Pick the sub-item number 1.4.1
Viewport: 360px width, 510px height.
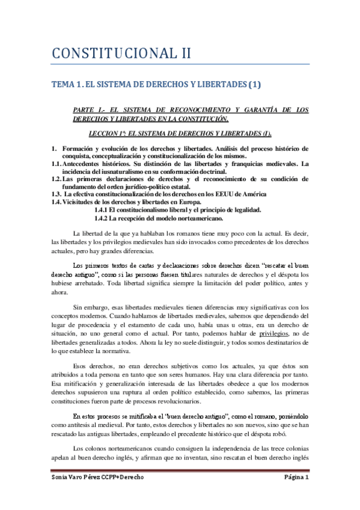pyautogui.click(x=105, y=209)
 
